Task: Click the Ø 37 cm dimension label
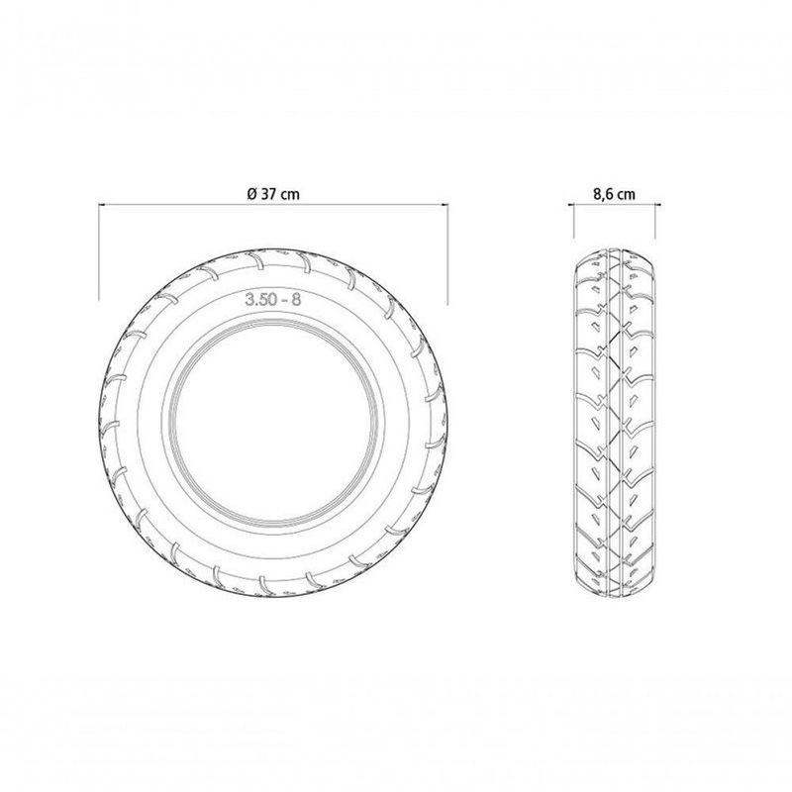[x=273, y=194]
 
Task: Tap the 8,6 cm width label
[x=614, y=194]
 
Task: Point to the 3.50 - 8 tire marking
[x=273, y=299]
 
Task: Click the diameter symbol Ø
[x=252, y=194]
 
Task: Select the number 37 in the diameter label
[x=268, y=194]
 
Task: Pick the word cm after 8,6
[x=627, y=195]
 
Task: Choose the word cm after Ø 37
[x=290, y=195]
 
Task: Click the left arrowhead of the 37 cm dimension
[x=102, y=205]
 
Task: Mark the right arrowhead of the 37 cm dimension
[x=445, y=205]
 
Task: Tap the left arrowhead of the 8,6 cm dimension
[x=571, y=205]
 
